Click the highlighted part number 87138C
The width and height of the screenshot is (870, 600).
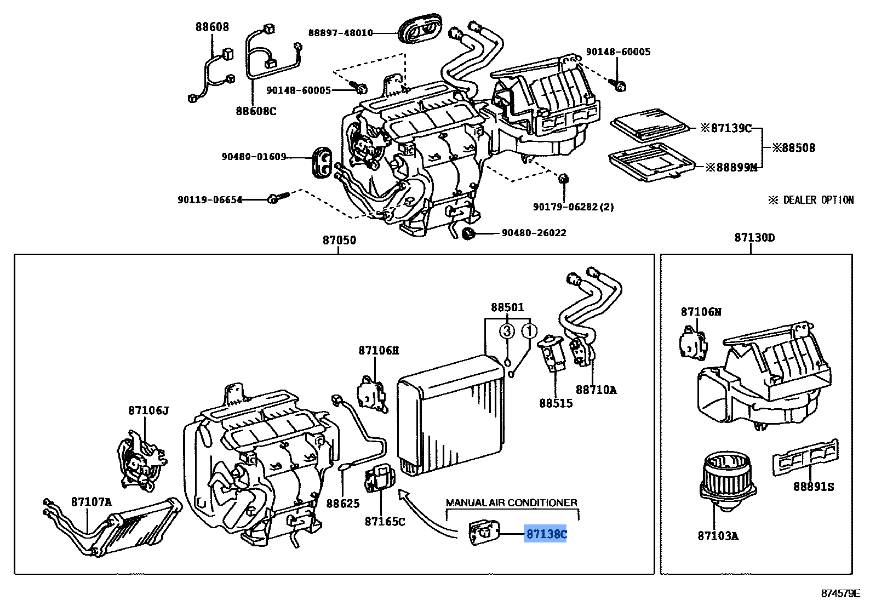click(x=546, y=534)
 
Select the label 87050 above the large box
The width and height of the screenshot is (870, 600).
click(x=339, y=240)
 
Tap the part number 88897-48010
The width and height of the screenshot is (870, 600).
click(x=340, y=33)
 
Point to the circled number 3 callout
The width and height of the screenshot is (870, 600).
click(x=507, y=331)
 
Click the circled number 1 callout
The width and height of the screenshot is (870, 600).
click(x=529, y=331)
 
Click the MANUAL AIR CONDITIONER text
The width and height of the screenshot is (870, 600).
click(x=511, y=502)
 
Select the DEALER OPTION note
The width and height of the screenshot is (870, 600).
click(x=811, y=200)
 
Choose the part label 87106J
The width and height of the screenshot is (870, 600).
click(x=149, y=410)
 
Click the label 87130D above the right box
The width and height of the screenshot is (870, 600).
click(x=754, y=238)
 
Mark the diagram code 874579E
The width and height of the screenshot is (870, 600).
click(x=840, y=593)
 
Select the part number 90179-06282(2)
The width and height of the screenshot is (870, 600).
click(x=573, y=207)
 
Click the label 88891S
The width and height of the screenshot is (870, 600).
click(x=814, y=486)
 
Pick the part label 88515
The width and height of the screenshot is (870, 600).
click(x=556, y=403)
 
